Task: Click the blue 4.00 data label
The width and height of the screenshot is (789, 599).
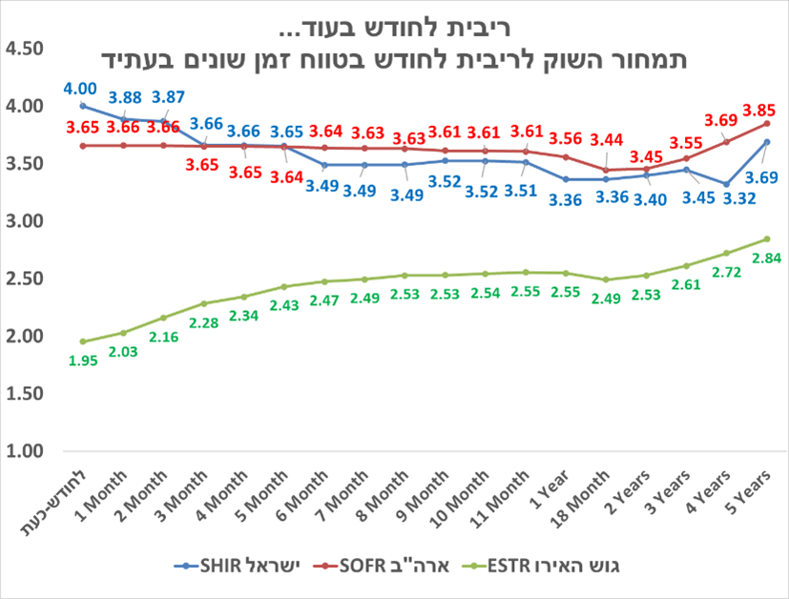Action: click(80, 89)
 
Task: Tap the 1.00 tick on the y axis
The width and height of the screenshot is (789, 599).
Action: click(25, 451)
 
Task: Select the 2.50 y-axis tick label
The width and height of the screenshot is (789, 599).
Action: click(25, 279)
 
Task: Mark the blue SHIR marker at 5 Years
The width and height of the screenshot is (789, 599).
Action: click(767, 142)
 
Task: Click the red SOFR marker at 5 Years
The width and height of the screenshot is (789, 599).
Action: click(767, 123)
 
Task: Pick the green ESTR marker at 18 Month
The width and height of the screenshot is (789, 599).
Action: click(606, 279)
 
